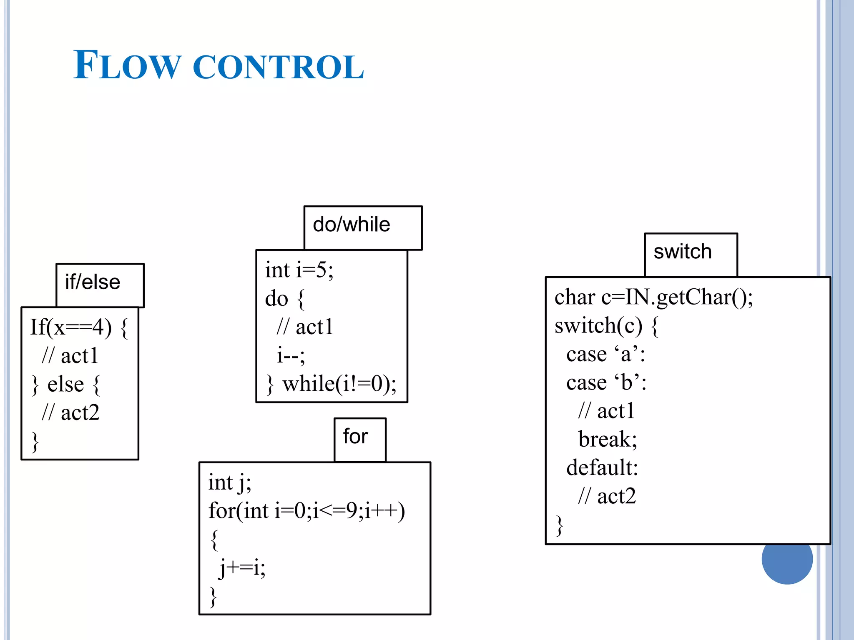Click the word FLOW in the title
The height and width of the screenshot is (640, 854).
pos(127,65)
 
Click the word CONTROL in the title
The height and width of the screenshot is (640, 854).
pos(278,67)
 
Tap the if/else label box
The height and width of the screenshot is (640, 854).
pos(100,285)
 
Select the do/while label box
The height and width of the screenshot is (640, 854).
pos(362,227)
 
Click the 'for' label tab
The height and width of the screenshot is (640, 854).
pos(359,439)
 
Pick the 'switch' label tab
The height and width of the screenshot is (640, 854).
pos(690,254)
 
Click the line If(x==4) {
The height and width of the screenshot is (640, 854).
pos(78,327)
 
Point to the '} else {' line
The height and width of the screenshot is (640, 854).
pos(66,384)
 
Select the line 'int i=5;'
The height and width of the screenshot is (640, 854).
pos(299,270)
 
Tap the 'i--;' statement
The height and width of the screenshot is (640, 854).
pos(291,355)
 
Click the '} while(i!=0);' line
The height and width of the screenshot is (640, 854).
pos(332,384)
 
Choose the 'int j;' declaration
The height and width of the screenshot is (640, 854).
pos(230,483)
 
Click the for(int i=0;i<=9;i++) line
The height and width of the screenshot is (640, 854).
pos(306,511)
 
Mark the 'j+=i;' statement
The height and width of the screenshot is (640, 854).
pos(242,568)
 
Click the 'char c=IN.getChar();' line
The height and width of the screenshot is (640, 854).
pos(653,297)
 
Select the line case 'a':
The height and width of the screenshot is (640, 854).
pos(605,355)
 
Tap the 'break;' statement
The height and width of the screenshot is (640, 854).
pos(608,440)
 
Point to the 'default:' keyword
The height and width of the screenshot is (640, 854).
pos(602,468)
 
